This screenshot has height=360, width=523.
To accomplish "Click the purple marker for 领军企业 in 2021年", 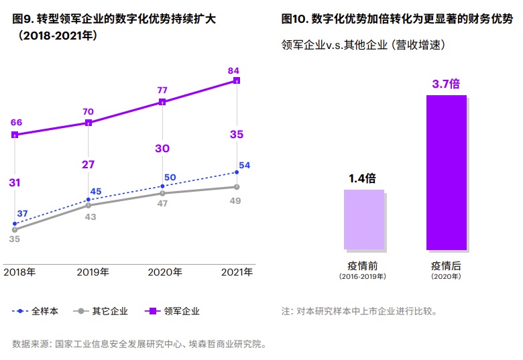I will click(237, 80).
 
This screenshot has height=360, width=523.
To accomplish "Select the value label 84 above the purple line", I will click(233, 70).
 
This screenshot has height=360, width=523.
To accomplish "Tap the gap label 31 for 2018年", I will click(15, 182).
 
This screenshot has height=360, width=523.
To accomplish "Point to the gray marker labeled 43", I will click(89, 205).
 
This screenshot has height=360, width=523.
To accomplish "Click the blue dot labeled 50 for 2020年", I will click(162, 186).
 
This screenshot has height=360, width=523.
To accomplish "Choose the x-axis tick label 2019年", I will click(93, 272).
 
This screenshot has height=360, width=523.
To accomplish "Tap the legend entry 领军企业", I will click(172, 311).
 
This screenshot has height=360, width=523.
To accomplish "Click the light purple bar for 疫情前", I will click(364, 220).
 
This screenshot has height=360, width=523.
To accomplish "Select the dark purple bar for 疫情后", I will click(447, 172).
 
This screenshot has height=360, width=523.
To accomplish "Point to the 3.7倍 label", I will click(446, 84).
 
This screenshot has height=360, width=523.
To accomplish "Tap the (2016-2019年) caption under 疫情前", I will click(363, 277).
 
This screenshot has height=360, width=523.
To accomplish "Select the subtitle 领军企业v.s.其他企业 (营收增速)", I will click(364, 45).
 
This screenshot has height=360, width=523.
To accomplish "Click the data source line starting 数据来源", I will click(140, 345).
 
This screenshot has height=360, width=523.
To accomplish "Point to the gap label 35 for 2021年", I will click(237, 135).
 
